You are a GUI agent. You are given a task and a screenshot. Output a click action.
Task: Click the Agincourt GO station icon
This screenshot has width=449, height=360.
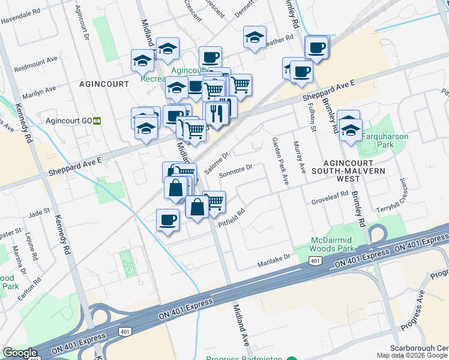pyautogui.click(x=97, y=121)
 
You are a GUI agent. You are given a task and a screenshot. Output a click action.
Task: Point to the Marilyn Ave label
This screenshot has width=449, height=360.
pyautogui.click(x=38, y=92)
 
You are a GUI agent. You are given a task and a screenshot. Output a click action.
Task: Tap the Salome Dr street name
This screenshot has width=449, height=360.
pyautogui.click(x=217, y=163)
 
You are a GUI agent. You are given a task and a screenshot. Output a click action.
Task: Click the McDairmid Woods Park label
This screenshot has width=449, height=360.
pyautogui.click(x=334, y=244)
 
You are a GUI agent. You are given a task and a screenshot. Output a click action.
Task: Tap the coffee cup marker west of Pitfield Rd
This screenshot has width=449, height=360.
pyautogui.click(x=167, y=219)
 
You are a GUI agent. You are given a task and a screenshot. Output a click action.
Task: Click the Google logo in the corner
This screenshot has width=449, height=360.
pyautogui.click(x=20, y=353)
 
